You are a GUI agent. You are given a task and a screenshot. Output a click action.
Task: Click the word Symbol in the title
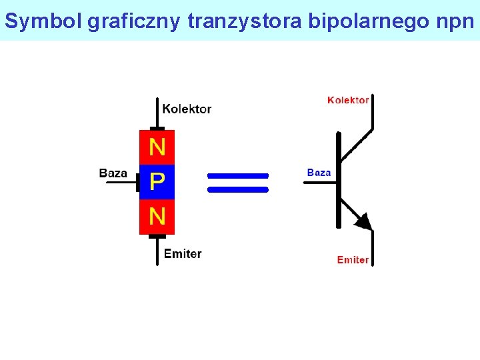43,21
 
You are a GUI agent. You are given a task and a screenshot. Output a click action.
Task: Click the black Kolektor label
187,109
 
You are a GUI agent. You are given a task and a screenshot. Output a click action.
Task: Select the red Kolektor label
348,100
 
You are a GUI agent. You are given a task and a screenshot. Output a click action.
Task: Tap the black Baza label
113,173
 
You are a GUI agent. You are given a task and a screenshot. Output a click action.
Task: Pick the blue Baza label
319,173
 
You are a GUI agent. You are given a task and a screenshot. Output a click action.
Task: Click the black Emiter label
182,253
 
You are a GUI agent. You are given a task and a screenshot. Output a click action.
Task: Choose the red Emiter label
353,259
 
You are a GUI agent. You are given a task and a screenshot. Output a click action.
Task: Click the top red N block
157,147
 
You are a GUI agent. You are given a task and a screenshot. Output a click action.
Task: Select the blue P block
157,182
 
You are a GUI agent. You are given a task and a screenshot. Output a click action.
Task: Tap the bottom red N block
157,217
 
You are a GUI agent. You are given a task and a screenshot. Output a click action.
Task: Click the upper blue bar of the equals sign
238,176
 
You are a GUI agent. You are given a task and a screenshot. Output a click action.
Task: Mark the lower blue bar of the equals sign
238,189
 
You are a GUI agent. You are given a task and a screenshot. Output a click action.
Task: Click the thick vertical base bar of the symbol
339,180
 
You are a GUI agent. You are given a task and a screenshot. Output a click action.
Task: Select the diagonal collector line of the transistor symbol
356,144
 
